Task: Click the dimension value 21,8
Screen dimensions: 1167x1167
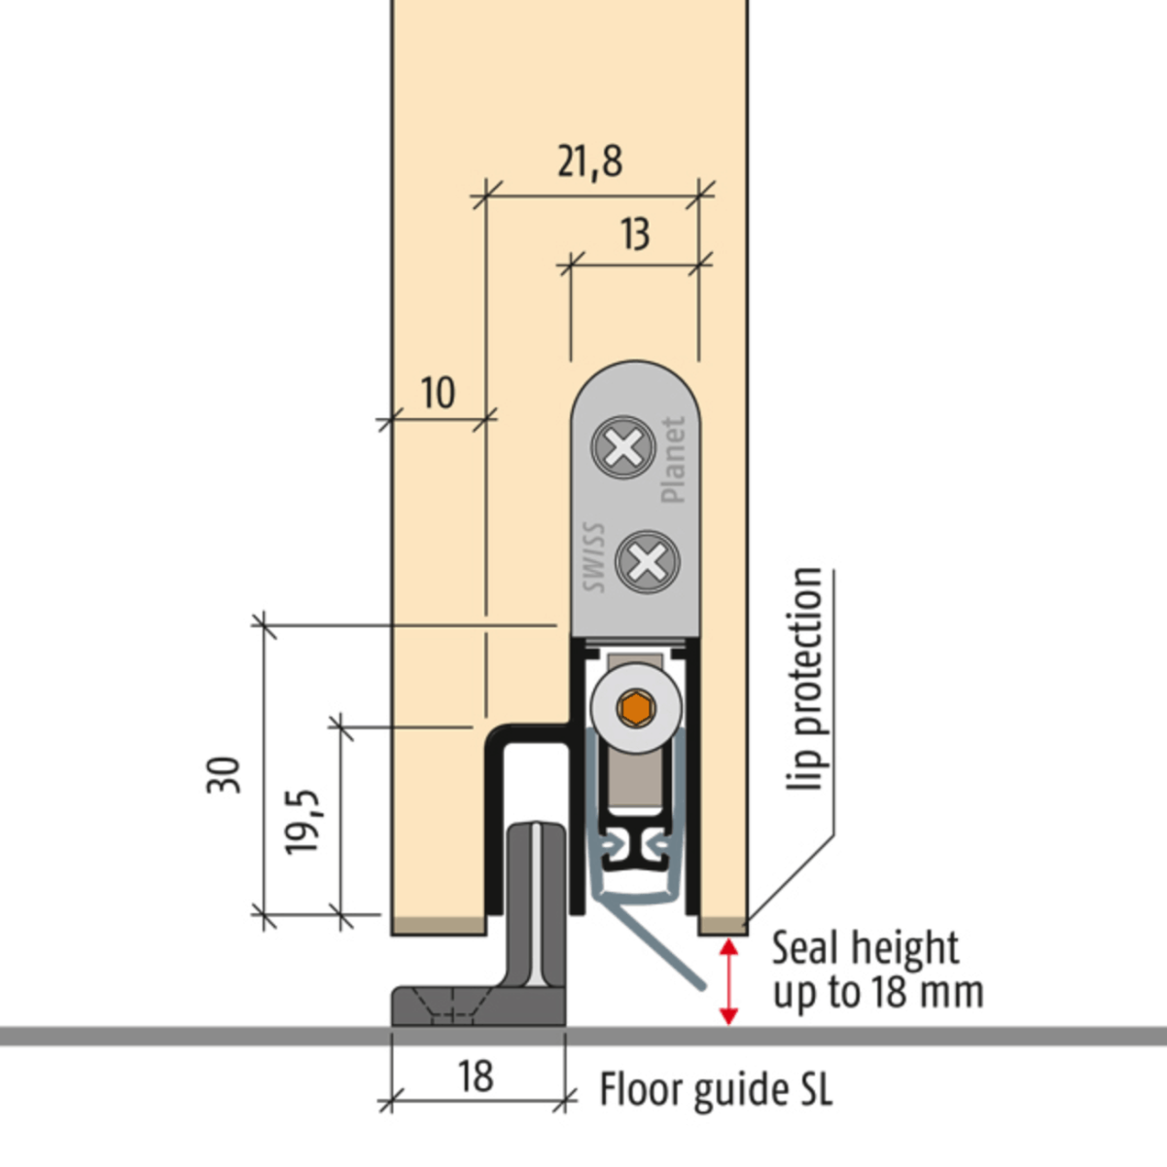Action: point(589,161)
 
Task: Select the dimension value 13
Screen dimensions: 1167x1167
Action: point(634,234)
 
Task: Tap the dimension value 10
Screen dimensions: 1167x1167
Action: point(438,393)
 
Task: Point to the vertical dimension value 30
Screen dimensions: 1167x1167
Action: point(224,775)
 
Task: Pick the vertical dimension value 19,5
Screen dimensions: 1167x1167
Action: point(302,822)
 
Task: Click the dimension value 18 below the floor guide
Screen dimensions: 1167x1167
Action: point(476,1077)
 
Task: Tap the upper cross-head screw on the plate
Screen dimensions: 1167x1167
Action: point(622,447)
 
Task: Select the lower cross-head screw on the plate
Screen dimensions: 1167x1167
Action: point(648,561)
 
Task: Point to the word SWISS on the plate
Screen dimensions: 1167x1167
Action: point(594,558)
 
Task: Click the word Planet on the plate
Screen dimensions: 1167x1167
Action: point(673,460)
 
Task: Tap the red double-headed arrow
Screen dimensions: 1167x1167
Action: point(727,980)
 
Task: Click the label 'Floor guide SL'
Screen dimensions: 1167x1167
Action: point(716,1090)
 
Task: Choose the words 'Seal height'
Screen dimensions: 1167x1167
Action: point(865,947)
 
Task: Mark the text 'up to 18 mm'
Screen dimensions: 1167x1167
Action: point(877,992)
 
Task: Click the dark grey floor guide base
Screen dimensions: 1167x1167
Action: point(477,1007)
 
